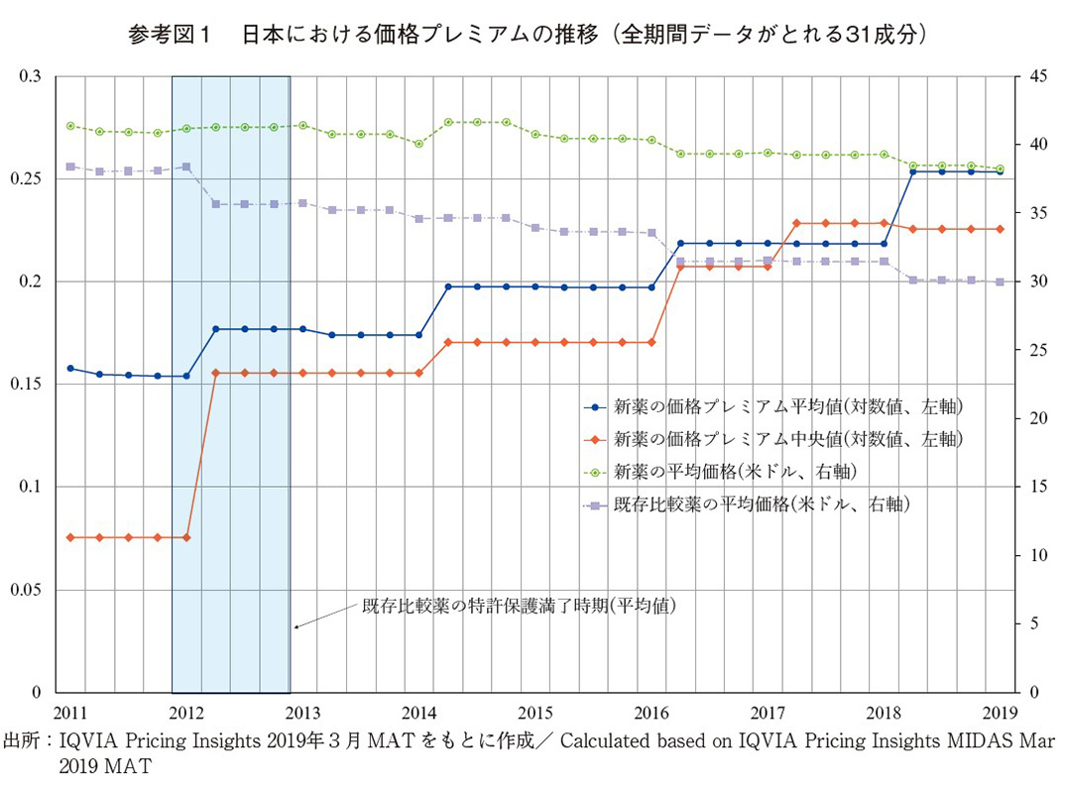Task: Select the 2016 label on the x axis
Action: (x=651, y=712)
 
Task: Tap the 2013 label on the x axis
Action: (x=302, y=712)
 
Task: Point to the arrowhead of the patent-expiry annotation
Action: (x=296, y=626)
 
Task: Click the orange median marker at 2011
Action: (x=70, y=537)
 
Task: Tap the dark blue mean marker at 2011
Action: (x=70, y=368)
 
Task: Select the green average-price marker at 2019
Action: (x=1000, y=169)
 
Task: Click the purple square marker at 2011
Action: (x=70, y=167)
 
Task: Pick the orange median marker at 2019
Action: (x=1000, y=229)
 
